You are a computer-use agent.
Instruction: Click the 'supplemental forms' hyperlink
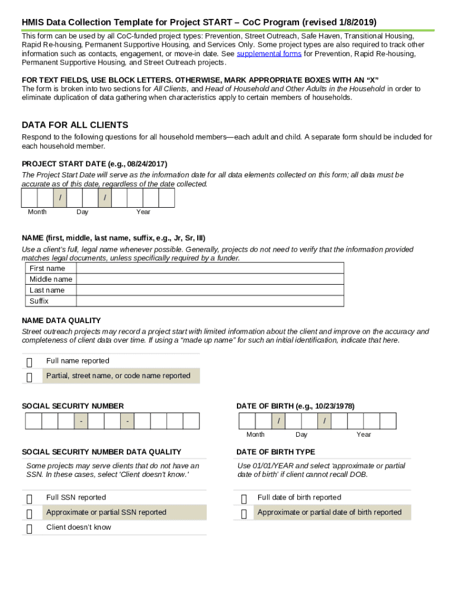tap(269, 54)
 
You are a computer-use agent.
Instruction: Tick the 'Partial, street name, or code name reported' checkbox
tap(30, 377)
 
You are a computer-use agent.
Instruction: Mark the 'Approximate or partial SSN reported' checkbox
tap(30, 514)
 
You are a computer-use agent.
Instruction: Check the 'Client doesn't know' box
tap(30, 528)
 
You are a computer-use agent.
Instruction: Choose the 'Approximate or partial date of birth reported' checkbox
tap(244, 514)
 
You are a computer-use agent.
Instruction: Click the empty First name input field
tap(210, 268)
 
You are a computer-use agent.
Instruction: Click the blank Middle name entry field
tap(210, 279)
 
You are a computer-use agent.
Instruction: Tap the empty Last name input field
tap(210, 290)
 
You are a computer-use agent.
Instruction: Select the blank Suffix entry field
tap(210, 301)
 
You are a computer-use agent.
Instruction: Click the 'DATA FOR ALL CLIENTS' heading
tap(75, 125)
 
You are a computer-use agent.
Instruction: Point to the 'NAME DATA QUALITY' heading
tap(61, 321)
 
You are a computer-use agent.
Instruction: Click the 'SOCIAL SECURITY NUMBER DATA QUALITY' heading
tap(101, 452)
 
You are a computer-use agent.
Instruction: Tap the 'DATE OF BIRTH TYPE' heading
tap(275, 452)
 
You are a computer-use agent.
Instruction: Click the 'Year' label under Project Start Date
tap(143, 212)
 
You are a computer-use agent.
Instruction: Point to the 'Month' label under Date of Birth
tap(255, 434)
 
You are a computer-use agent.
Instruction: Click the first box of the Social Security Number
tap(33, 421)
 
